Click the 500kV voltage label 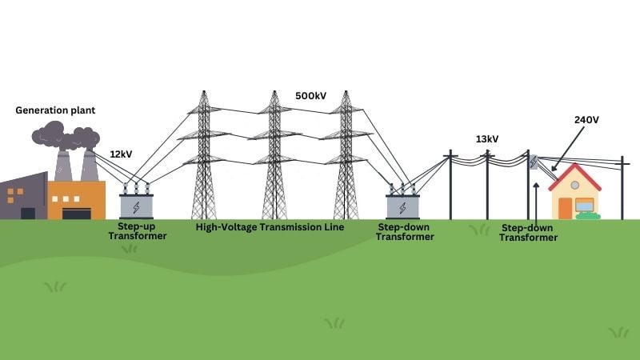(x=310, y=97)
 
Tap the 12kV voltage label (x=122, y=152)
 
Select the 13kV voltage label (x=487, y=138)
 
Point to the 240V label (x=586, y=119)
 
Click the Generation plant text (x=55, y=110)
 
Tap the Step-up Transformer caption (x=137, y=231)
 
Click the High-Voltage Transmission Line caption (x=270, y=227)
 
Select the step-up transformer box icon (x=136, y=205)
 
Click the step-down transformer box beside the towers (x=402, y=205)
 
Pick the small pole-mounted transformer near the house (x=534, y=162)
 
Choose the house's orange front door (x=566, y=208)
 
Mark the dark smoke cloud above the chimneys (x=63, y=136)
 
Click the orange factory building (x=77, y=200)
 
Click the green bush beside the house (x=588, y=215)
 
